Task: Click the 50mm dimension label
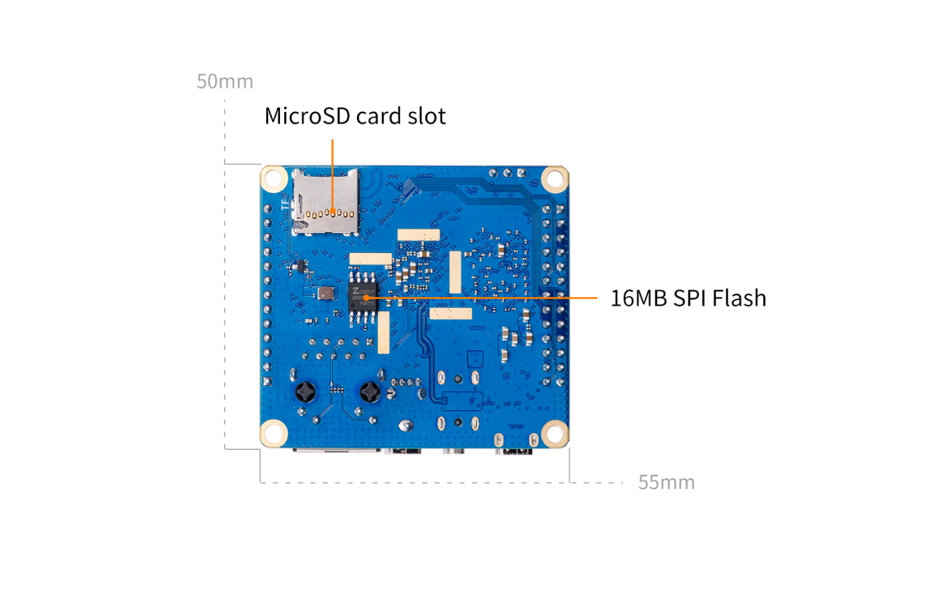225,81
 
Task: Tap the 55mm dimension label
666,482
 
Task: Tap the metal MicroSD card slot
325,201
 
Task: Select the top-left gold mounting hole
273,177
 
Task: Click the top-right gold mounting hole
554,177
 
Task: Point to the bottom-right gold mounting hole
554,433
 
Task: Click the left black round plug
304,393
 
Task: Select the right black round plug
371,393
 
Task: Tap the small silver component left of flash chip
324,294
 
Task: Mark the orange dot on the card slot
332,213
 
